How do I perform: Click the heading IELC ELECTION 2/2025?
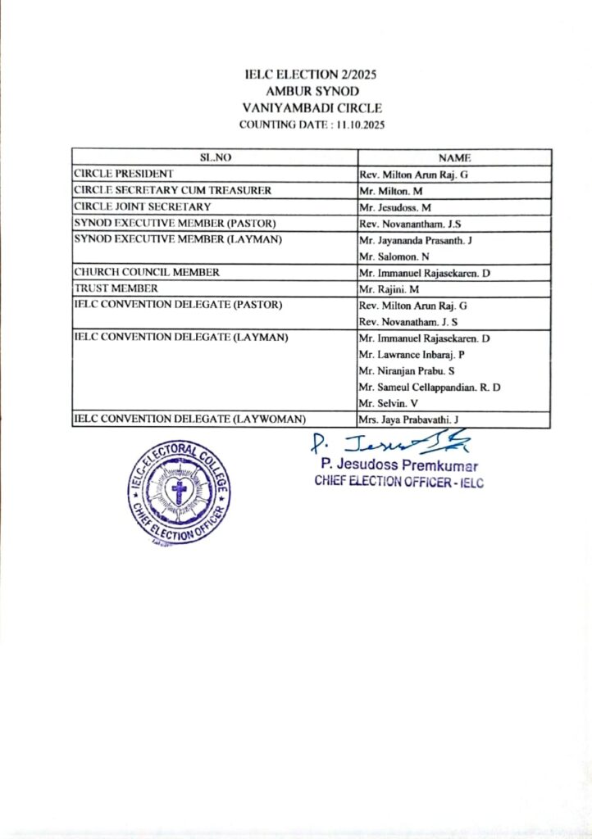pyautogui.click(x=311, y=75)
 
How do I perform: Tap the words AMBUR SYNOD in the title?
pyautogui.click(x=311, y=92)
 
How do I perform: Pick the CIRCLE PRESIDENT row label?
pyautogui.click(x=123, y=174)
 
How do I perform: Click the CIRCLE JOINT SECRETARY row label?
pyautogui.click(x=143, y=206)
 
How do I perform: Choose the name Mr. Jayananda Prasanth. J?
pyautogui.click(x=412, y=239)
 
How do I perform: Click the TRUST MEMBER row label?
pyautogui.click(x=113, y=288)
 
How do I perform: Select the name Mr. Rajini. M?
pyautogui.click(x=390, y=288)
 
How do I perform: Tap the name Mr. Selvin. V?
pyautogui.click(x=387, y=403)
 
